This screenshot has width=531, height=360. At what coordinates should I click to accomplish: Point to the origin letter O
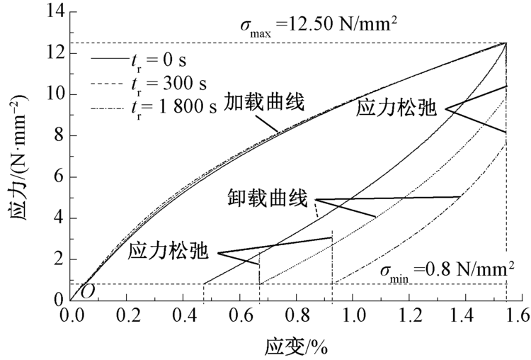87,291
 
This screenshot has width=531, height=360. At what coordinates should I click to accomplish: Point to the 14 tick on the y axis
55,11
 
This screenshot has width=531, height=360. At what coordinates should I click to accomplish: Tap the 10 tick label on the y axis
55,94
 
